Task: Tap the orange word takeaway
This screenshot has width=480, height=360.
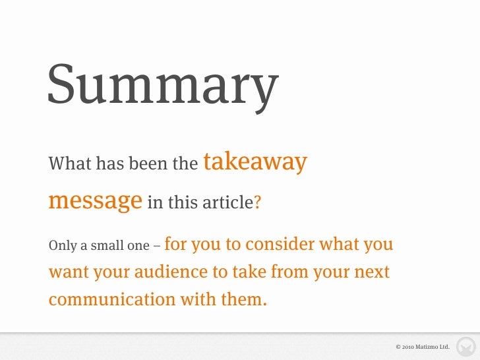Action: click(x=256, y=162)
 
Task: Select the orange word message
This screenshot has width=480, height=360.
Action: click(x=95, y=200)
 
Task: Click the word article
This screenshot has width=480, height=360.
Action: click(x=225, y=202)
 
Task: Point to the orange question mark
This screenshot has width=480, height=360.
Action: click(x=257, y=202)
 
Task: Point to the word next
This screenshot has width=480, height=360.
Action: click(x=373, y=272)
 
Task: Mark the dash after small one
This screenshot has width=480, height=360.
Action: click(x=156, y=247)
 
